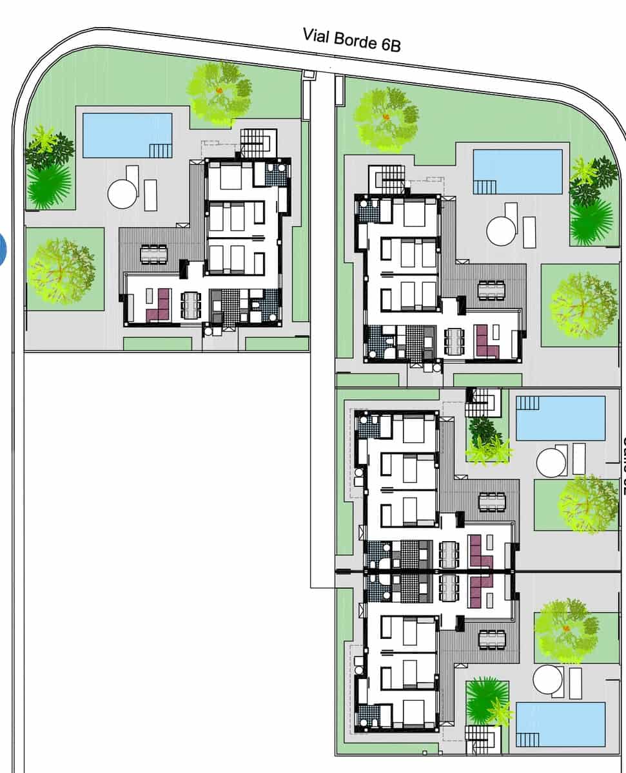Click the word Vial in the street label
[317, 35]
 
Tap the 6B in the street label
[389, 44]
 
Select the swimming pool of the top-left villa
[128, 135]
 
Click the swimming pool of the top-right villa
[518, 171]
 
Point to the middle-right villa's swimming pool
[561, 418]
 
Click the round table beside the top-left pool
[122, 193]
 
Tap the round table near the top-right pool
[502, 231]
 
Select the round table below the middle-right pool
[551, 462]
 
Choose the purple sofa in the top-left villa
[159, 305]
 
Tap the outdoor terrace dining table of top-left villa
[154, 253]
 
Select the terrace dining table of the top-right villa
[492, 290]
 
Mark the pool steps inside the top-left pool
[161, 150]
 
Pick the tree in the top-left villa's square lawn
[61, 271]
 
